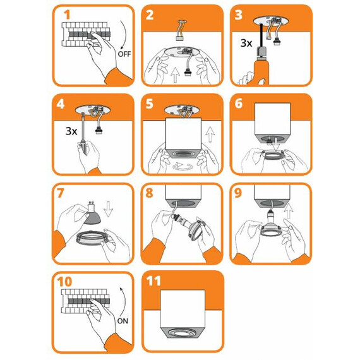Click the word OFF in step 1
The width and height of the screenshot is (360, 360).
click(124, 54)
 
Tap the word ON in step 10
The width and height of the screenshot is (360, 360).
click(123, 321)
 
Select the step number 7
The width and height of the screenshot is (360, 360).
click(60, 193)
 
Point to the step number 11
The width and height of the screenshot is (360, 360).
click(153, 281)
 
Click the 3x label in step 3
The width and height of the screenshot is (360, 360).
click(246, 43)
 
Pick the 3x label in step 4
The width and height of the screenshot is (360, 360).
click(71, 131)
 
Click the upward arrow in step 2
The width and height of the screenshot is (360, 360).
click(175, 75)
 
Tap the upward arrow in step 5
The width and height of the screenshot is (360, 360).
click(210, 135)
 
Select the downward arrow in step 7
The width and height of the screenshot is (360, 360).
click(108, 209)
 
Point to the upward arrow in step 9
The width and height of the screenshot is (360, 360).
click(289, 211)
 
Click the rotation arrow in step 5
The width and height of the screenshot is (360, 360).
click(183, 167)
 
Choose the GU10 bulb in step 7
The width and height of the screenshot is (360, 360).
click(92, 213)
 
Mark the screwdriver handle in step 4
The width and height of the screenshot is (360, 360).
click(84, 147)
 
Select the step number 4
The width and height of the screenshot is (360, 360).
click(61, 104)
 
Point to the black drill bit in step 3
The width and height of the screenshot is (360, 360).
click(261, 35)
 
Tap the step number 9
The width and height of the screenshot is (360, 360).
click(238, 193)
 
